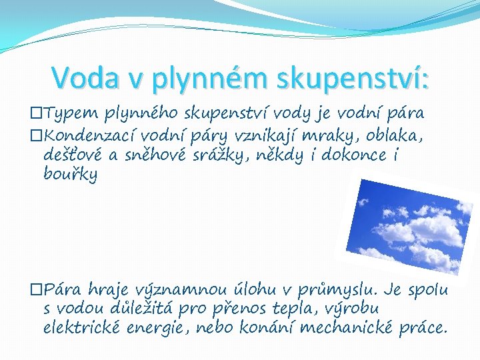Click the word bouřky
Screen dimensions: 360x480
(x=70, y=175)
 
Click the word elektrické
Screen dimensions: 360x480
(x=82, y=328)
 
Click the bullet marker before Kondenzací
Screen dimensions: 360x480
(x=36, y=137)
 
